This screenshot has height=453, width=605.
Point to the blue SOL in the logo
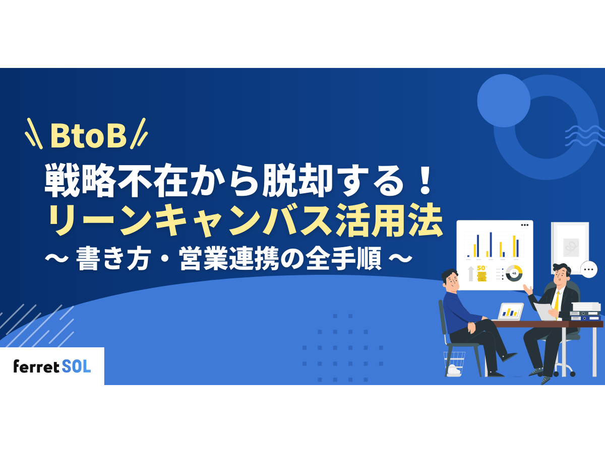pos(77,366)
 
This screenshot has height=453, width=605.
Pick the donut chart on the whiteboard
pos(514,273)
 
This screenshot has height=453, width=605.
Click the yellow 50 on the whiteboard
pos(481,267)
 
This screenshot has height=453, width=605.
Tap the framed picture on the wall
pos(570,245)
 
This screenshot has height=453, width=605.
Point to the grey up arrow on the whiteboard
pos(471,273)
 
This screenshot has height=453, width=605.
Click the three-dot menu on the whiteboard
pos(524,225)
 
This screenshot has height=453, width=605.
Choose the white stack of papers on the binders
pos(586,307)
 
